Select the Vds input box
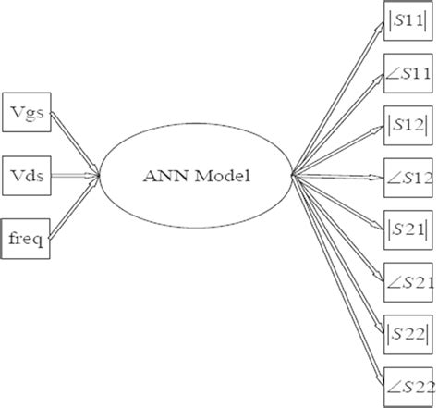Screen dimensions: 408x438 pos(27,172)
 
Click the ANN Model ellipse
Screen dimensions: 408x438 pos(196,173)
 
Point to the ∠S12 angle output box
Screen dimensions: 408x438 pos(408,174)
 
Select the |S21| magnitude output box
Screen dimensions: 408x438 pos(408,224)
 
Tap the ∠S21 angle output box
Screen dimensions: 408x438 pos(408,275)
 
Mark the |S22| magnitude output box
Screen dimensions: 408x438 pos(408,326)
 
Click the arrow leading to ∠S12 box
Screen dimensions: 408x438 pos(337,173)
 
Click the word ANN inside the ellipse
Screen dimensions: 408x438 pos(164,173)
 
